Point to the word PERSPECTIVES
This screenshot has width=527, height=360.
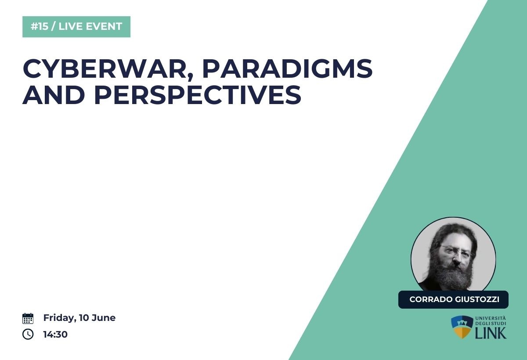pyautogui.click(x=198, y=94)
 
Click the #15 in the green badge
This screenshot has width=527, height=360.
pyautogui.click(x=39, y=26)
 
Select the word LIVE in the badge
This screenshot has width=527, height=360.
pyautogui.click(x=70, y=26)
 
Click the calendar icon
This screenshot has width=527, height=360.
pyautogui.click(x=28, y=319)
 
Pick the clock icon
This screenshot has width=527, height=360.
pyautogui.click(x=28, y=334)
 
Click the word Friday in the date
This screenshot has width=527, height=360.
pyautogui.click(x=60, y=318)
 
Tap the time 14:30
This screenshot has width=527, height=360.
pyautogui.click(x=55, y=335)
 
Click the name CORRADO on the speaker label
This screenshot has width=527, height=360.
pyautogui.click(x=431, y=299)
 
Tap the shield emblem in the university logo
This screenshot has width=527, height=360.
pyautogui.click(x=462, y=327)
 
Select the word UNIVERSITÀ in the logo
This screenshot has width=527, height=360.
pyautogui.click(x=491, y=318)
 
